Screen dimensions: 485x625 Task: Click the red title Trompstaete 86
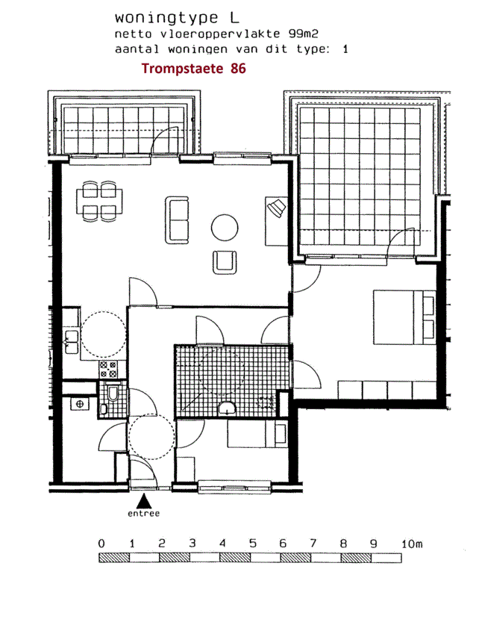(x=193, y=69)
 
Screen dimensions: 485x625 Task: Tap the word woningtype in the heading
(x=166, y=18)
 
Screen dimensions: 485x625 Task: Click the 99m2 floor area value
(x=304, y=34)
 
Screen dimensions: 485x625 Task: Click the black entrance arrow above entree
(x=144, y=501)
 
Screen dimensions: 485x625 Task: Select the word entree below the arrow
(x=144, y=514)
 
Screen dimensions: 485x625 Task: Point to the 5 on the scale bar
(x=253, y=544)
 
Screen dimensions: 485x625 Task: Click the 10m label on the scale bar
(x=412, y=544)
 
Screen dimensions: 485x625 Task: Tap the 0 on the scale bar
(x=101, y=544)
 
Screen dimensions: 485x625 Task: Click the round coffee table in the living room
(x=225, y=228)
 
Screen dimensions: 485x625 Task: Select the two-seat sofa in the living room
(x=177, y=220)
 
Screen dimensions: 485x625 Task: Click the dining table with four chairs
(x=99, y=202)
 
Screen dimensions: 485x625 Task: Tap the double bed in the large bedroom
(x=404, y=317)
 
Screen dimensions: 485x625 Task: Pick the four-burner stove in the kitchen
(x=108, y=369)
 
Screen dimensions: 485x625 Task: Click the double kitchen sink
(x=72, y=341)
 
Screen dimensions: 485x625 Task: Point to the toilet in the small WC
(x=113, y=393)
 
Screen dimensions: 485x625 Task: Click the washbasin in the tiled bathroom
(x=227, y=408)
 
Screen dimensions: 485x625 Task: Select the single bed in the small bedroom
(x=257, y=434)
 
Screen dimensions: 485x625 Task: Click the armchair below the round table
(x=225, y=262)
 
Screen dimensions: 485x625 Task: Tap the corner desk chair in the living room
(x=277, y=208)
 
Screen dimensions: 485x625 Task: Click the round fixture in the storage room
(x=79, y=404)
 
